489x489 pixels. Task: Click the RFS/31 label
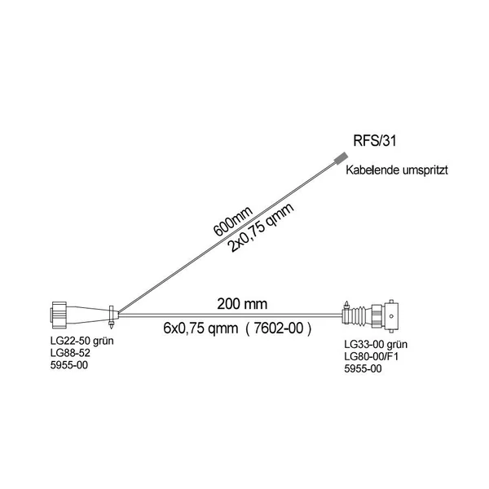pos(375,141)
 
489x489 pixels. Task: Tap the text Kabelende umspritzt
pos(397,170)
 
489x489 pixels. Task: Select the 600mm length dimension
pos(232,222)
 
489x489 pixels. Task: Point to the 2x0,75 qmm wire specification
pos(262,227)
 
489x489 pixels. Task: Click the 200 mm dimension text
pos(242,304)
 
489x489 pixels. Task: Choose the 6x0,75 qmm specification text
pos(200,328)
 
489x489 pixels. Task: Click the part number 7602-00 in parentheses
pos(279,328)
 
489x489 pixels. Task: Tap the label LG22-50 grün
pos(82,341)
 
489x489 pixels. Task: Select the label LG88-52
pos(70,353)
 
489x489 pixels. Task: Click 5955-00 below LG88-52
pos(69,364)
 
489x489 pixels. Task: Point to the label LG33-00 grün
pos(376,344)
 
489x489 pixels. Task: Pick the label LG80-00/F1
pos(372,356)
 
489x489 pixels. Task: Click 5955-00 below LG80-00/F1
pos(363,368)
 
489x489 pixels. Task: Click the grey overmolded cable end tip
pos(341,157)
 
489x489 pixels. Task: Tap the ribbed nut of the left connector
pos(59,315)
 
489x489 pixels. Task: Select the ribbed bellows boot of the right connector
pos(359,315)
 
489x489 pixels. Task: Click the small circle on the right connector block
pos(391,316)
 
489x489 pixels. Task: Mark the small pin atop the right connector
pos(346,305)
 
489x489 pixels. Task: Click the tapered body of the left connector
pos(88,315)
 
